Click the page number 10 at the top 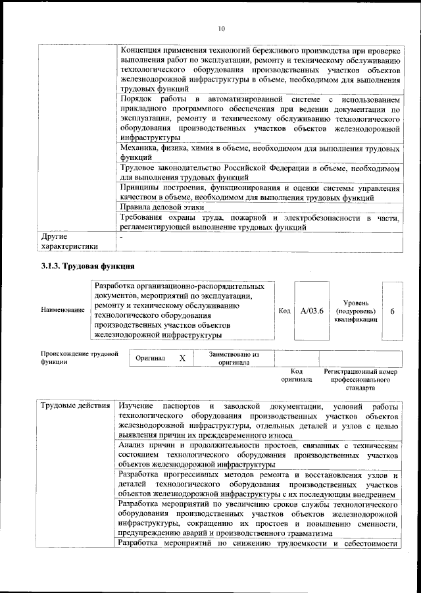pyautogui.click(x=221, y=28)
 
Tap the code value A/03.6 pyautogui.click(x=311, y=311)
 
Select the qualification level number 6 pyautogui.click(x=391, y=311)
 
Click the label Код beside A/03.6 pyautogui.click(x=284, y=311)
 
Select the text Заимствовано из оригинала pyautogui.click(x=234, y=358)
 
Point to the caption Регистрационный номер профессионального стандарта pyautogui.click(x=361, y=380)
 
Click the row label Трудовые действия pyautogui.click(x=74, y=404)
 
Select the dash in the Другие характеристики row pyautogui.click(x=122, y=235)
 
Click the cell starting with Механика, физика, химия pyautogui.click(x=260, y=153)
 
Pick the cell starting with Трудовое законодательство pyautogui.click(x=260, y=173)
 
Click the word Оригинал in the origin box pyautogui.click(x=150, y=359)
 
